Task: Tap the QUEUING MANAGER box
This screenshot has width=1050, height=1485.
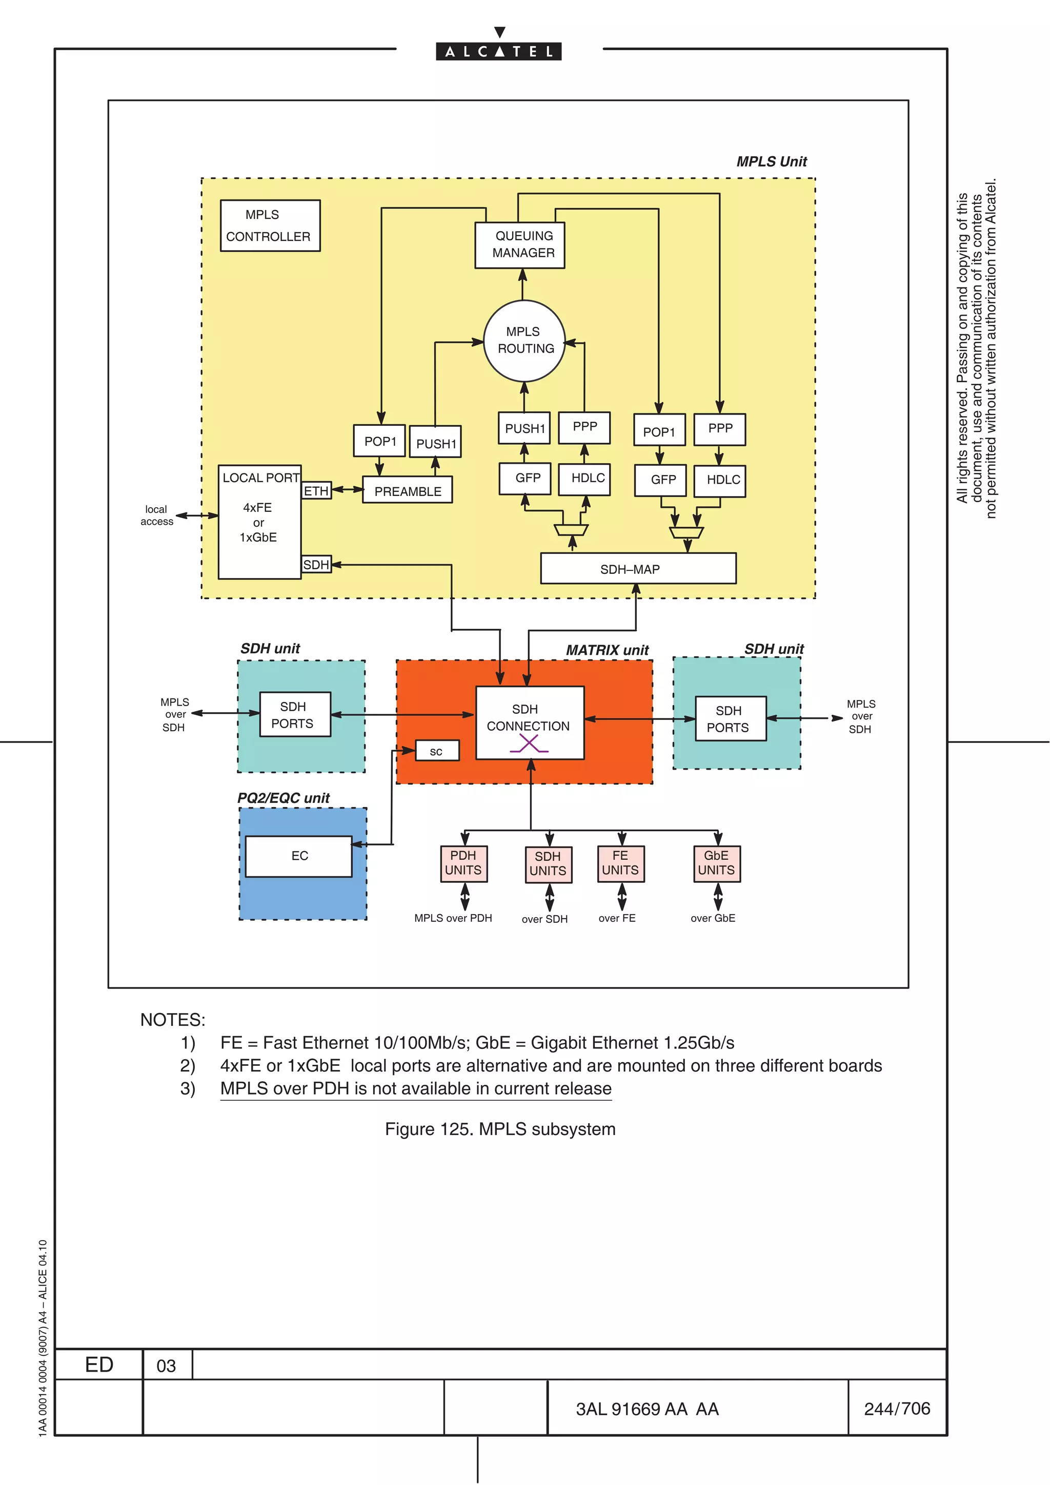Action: click(x=519, y=244)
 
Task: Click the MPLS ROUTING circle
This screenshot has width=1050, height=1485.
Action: click(x=524, y=340)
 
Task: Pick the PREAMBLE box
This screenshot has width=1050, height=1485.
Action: click(x=407, y=491)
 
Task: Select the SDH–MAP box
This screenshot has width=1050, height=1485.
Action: click(x=637, y=568)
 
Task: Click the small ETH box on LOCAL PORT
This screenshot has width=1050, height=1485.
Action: click(x=316, y=491)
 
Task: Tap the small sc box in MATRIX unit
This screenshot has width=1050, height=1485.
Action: click(x=437, y=751)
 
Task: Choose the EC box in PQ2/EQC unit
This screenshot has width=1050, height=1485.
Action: click(x=299, y=856)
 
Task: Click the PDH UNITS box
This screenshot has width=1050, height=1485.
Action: click(x=463, y=863)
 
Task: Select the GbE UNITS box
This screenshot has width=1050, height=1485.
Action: click(x=716, y=863)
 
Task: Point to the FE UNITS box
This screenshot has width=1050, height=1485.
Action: click(x=620, y=863)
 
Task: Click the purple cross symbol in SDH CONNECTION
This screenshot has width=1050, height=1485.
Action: click(x=529, y=745)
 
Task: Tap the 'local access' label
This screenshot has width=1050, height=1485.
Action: click(x=156, y=515)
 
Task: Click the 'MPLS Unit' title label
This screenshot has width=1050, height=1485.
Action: click(x=771, y=162)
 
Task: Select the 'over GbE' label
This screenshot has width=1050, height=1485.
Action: click(x=712, y=918)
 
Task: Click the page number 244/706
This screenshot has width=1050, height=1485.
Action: click(x=897, y=1409)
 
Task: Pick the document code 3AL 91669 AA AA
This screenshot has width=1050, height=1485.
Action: click(x=647, y=1409)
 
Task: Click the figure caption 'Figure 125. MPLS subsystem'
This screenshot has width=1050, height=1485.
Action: click(x=500, y=1129)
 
